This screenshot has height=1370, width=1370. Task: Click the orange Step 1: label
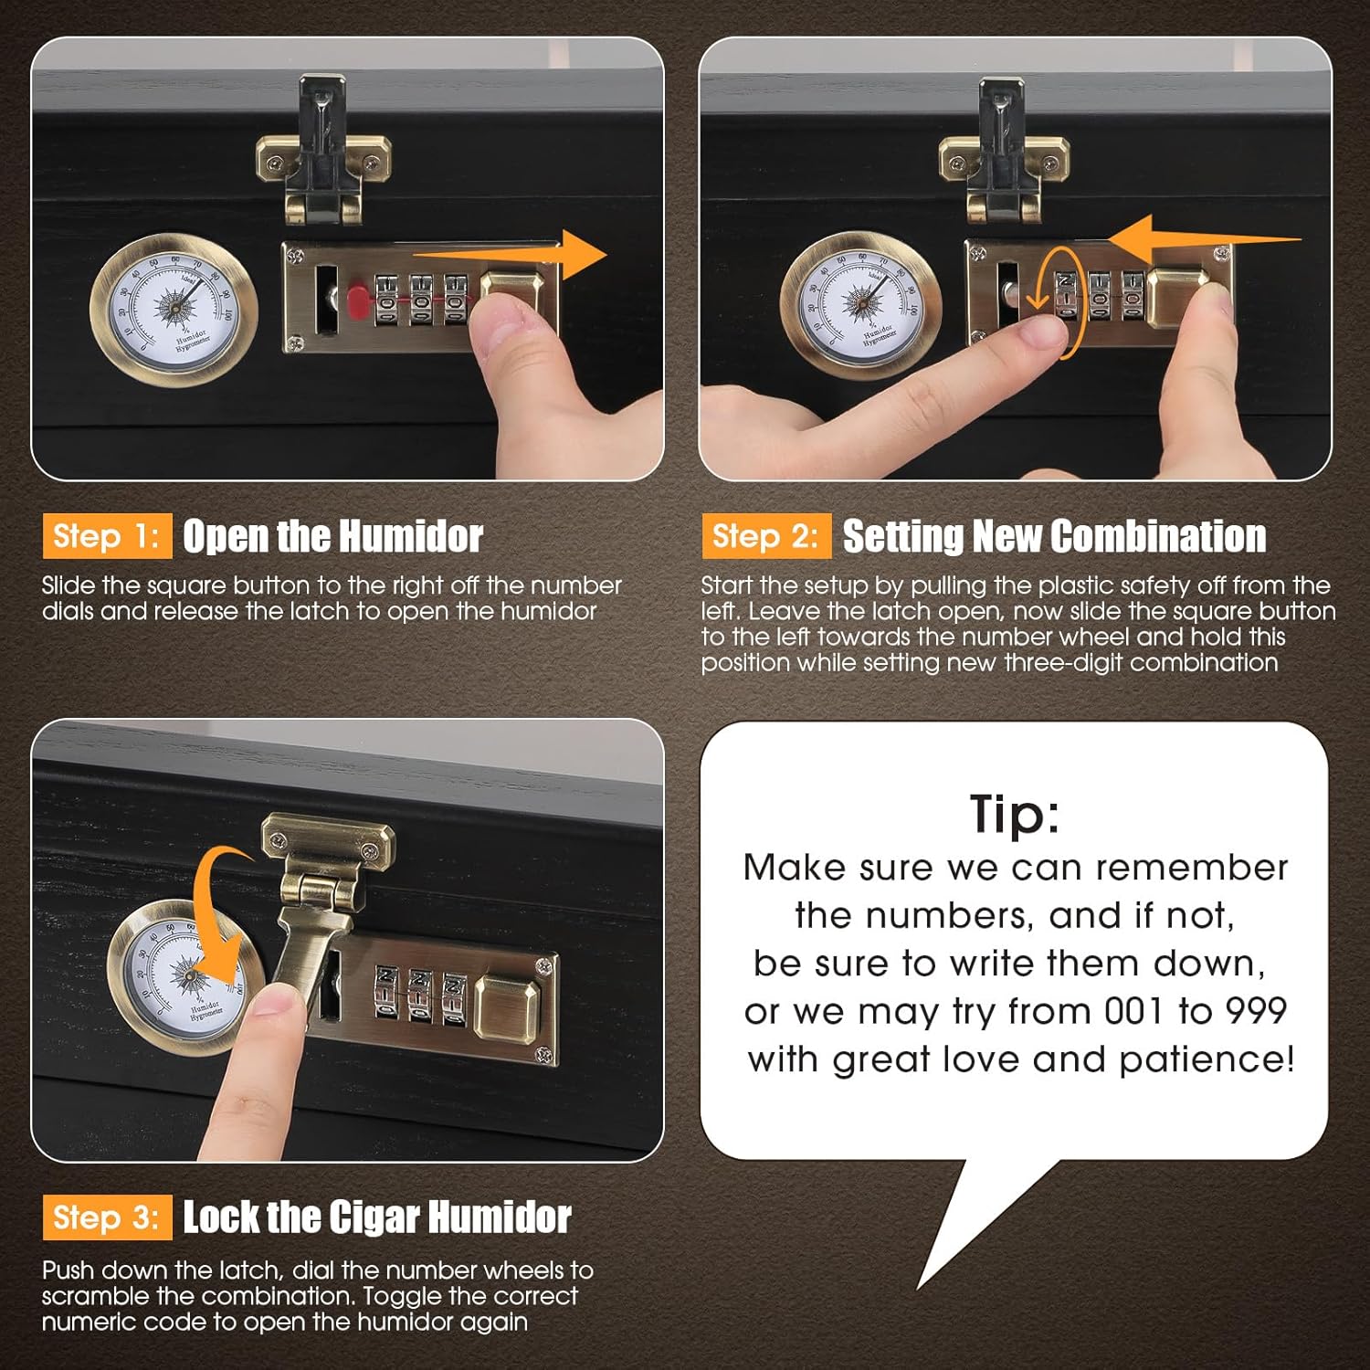[106, 536]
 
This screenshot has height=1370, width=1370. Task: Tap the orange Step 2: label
[765, 536]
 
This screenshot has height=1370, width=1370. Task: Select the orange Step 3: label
[106, 1217]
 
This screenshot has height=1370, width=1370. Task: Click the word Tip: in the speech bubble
[1015, 813]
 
